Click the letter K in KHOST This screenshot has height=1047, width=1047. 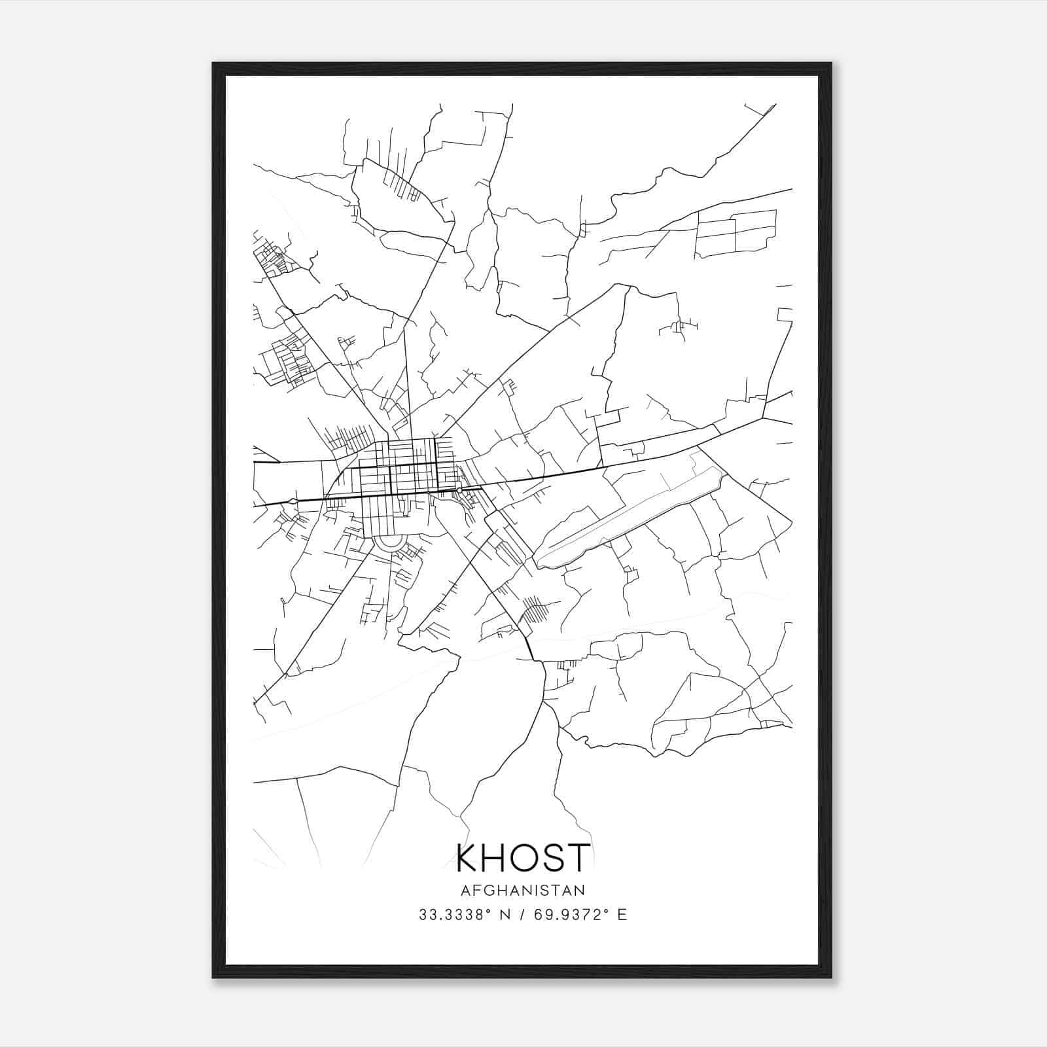pos(469,859)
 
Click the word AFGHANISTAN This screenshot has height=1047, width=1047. pos(523,891)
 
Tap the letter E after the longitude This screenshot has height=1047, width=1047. pos(622,915)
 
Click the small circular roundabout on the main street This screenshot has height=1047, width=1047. pos(460,490)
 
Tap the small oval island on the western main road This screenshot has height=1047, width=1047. pos(292,501)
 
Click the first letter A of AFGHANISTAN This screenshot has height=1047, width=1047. pos(466,891)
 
